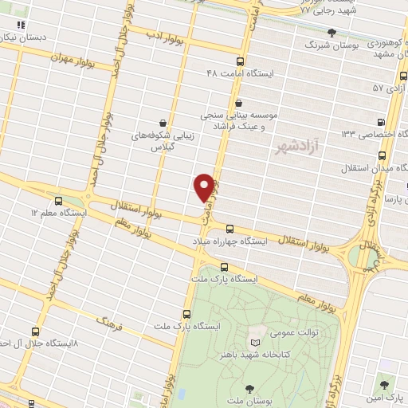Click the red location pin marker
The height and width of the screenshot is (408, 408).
[x=205, y=186]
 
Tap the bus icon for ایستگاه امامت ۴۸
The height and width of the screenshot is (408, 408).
[x=241, y=61]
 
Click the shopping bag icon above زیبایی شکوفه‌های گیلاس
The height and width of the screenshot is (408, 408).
[x=163, y=123]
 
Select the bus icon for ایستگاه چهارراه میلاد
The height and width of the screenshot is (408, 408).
[x=229, y=228]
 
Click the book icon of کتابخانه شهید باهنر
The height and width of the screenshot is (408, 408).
[x=257, y=331]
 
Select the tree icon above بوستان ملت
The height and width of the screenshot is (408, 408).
[x=250, y=388]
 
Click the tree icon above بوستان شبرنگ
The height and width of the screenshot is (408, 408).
[x=332, y=33]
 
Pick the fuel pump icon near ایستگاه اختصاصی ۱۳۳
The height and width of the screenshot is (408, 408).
[x=381, y=123]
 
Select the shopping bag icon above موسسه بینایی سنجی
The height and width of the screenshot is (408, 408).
[x=239, y=102]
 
